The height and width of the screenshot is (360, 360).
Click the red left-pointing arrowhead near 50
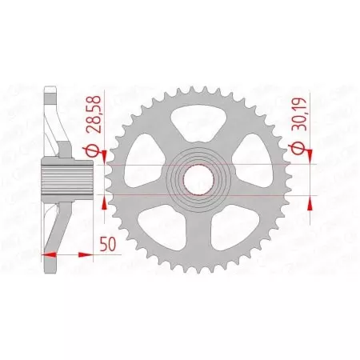coord(46,254)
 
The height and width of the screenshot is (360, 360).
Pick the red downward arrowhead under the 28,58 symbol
coord(103,160)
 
